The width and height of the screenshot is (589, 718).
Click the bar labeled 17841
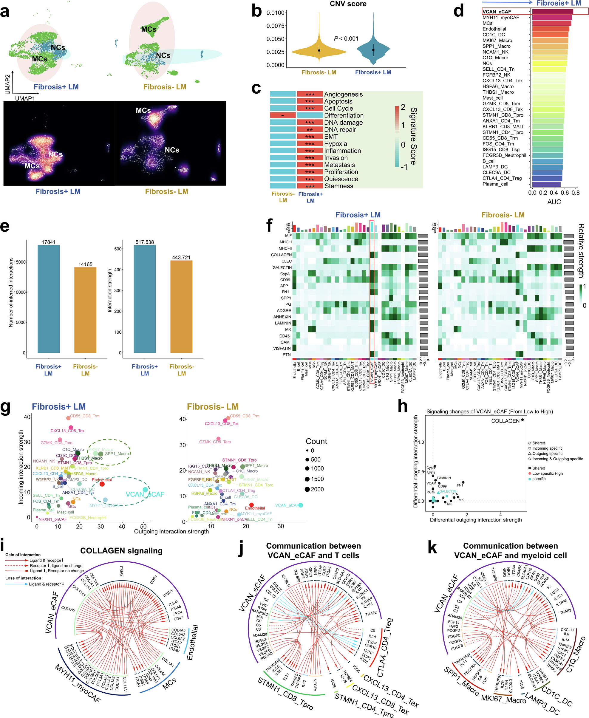[49, 298]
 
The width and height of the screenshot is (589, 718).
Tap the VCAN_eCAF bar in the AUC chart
[552, 12]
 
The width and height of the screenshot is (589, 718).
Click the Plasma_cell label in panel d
[495, 184]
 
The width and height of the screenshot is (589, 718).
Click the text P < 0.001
[346, 39]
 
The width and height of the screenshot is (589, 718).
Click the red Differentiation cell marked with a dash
[283, 115]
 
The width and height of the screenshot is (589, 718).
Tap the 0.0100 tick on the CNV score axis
[275, 13]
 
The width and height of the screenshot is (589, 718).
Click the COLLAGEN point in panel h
[522, 420]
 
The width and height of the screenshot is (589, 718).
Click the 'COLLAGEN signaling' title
[121, 551]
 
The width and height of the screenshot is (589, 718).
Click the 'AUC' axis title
[554, 202]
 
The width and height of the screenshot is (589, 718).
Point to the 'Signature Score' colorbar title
[413, 136]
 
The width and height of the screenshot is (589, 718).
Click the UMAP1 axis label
[25, 98]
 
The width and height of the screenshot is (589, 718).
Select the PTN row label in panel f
[287, 355]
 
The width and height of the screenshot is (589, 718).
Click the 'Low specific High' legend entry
[547, 473]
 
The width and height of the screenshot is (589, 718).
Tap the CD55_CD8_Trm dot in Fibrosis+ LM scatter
[68, 418]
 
